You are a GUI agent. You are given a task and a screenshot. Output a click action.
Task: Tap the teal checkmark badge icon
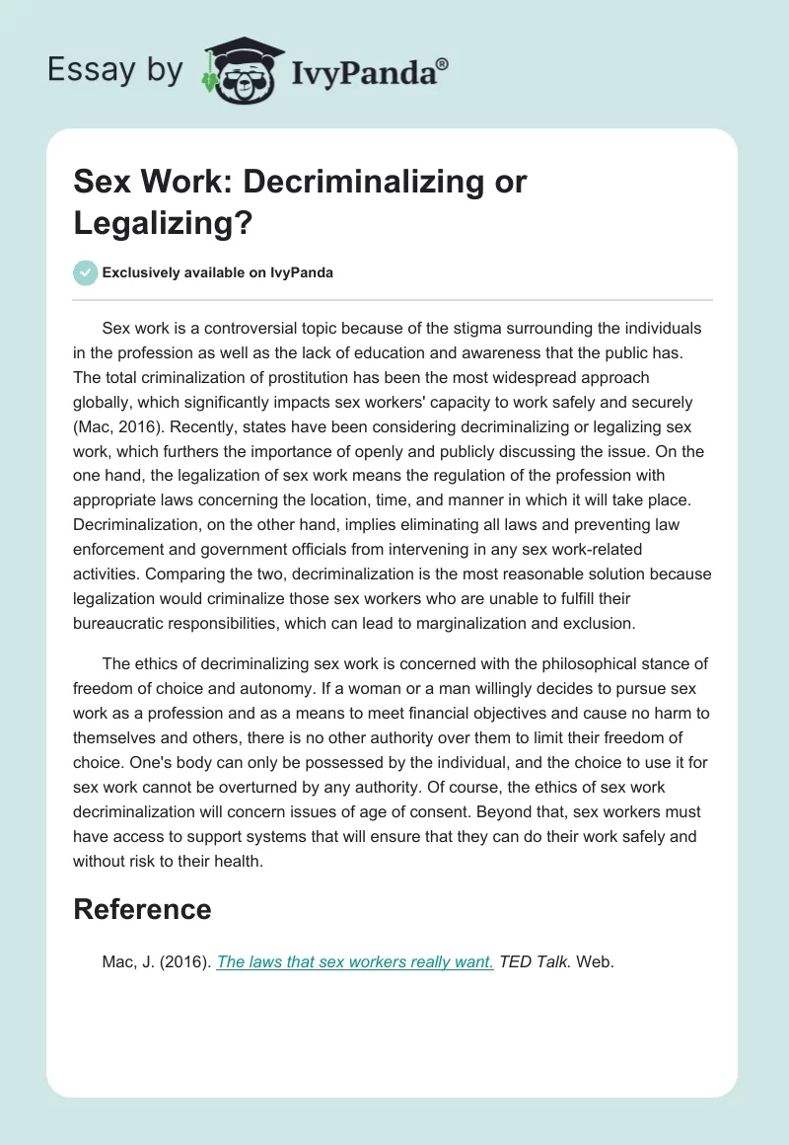[x=86, y=272]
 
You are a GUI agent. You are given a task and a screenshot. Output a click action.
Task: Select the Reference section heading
[x=142, y=909]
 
